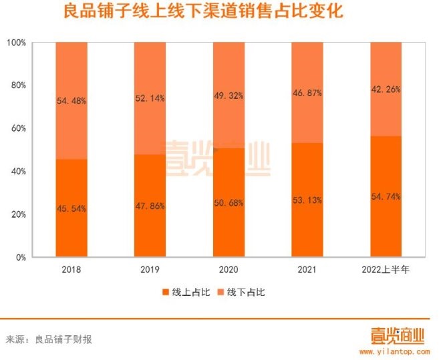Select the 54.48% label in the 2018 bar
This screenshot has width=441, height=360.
[71, 101]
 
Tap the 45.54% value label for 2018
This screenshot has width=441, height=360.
[71, 208]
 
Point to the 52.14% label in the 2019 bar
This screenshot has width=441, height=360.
[150, 98]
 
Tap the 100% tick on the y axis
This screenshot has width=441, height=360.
[17, 43]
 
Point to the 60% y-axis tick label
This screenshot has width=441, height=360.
[19, 128]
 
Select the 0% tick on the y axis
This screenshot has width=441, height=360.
[21, 257]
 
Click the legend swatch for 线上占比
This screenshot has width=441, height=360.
[165, 293]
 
